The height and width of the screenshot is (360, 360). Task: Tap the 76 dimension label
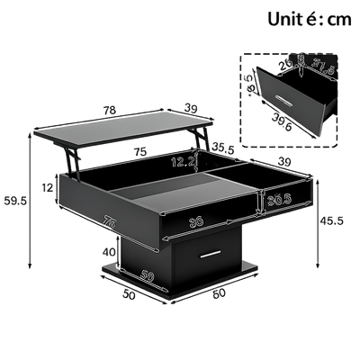85,221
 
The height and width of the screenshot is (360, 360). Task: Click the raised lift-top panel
126,124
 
